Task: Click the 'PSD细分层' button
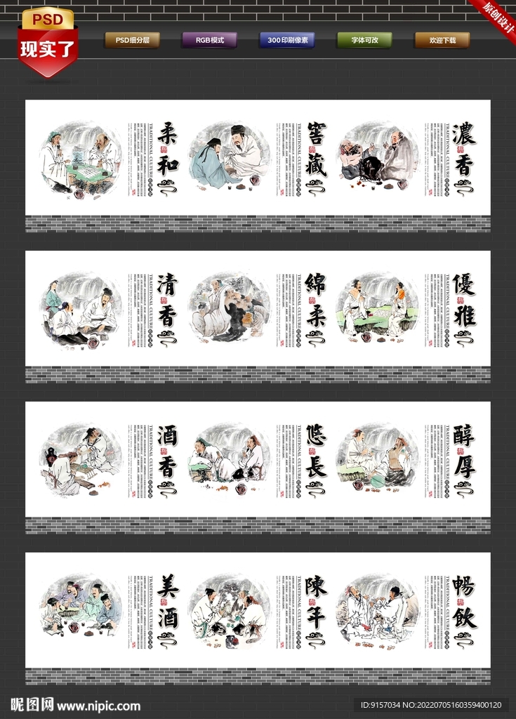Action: coord(133,40)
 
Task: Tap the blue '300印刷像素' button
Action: coord(287,40)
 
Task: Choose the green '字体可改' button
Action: coord(364,40)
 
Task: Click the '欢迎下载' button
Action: coord(442,40)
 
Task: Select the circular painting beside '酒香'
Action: coord(79,458)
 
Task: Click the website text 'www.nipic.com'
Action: coord(98,706)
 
